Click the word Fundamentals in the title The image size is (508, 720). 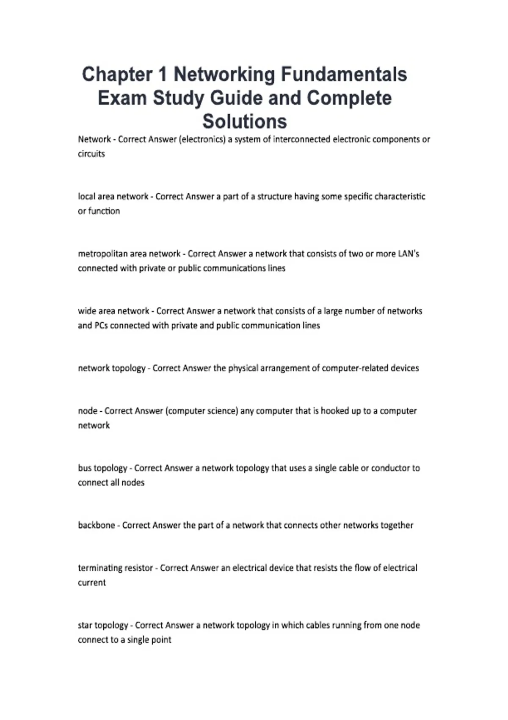pos(344,75)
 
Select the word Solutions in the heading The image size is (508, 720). pos(245,122)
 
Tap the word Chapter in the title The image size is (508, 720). pos(117,75)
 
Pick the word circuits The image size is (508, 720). pos(91,154)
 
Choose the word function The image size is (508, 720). pos(104,211)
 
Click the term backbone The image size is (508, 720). pos(96,525)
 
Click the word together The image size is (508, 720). pos(397,525)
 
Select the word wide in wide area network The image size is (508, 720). pos(86,311)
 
